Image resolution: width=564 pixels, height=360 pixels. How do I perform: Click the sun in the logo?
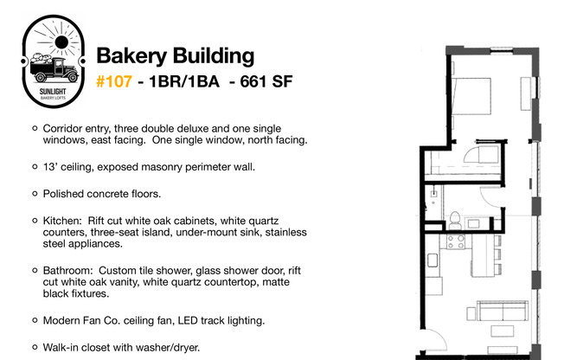[61, 42]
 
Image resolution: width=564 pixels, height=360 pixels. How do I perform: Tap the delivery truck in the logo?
[54, 68]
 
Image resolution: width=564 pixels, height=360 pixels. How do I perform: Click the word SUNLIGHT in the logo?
[53, 92]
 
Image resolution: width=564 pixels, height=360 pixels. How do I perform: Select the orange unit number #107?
[114, 81]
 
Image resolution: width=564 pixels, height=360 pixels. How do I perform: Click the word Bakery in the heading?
[131, 56]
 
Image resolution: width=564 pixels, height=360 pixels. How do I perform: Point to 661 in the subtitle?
[253, 81]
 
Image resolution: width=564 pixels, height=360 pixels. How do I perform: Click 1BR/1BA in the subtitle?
[183, 81]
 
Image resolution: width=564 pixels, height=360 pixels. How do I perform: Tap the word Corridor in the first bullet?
[59, 129]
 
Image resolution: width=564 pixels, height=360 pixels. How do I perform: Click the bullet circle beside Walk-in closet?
[35, 347]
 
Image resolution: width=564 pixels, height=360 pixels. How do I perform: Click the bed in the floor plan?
[471, 96]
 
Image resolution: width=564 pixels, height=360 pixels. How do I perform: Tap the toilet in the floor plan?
[455, 221]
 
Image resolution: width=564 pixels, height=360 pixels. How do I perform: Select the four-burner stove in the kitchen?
[456, 241]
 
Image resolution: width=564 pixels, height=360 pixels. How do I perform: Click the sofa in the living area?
[503, 311]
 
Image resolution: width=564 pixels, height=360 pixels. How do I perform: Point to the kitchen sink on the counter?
[433, 260]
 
